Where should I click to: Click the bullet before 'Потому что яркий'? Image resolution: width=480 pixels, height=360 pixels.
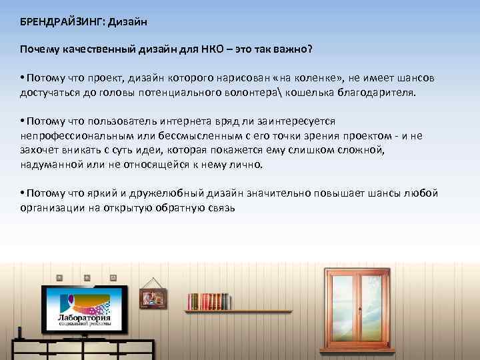tap(22, 194)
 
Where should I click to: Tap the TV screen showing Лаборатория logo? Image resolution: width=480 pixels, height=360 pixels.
tap(85, 311)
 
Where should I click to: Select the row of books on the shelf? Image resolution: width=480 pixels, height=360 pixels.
tap(207, 301)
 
